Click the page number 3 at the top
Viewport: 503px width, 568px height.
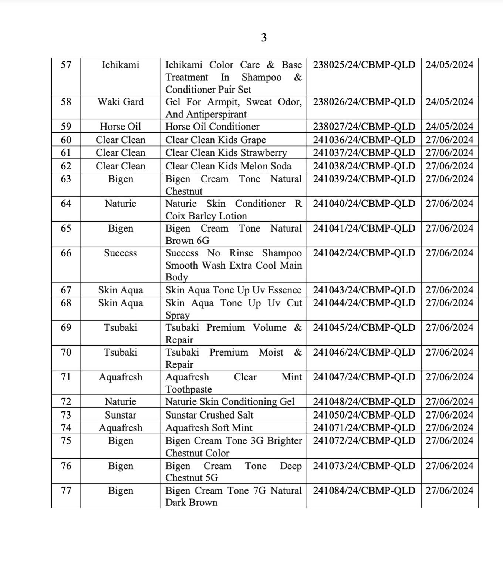pyautogui.click(x=264, y=38)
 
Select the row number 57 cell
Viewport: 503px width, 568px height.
pyautogui.click(x=66, y=65)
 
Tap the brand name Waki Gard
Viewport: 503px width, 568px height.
pyautogui.click(x=121, y=102)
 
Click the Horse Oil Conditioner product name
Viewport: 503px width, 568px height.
pyautogui.click(x=212, y=127)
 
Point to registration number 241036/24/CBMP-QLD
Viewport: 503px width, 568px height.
pyautogui.click(x=364, y=140)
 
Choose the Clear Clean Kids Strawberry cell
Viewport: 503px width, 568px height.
pyautogui.click(x=226, y=153)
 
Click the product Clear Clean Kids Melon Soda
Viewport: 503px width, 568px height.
pyautogui.click(x=228, y=166)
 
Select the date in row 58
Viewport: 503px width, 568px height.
pyautogui.click(x=449, y=102)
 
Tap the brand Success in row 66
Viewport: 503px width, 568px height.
pyautogui.click(x=121, y=253)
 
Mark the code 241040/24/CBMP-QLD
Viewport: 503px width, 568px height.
pyautogui.click(x=364, y=204)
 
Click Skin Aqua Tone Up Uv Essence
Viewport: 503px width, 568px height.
pyautogui.click(x=233, y=290)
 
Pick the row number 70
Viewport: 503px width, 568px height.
pyautogui.click(x=66, y=352)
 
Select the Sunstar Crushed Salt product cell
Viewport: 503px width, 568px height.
pyautogui.click(x=209, y=415)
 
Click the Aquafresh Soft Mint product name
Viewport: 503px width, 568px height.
pyautogui.click(x=209, y=428)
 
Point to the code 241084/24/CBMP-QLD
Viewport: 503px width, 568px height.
pyautogui.click(x=364, y=491)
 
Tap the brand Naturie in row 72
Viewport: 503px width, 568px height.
pyautogui.click(x=121, y=402)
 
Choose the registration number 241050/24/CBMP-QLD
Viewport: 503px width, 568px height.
pyautogui.click(x=364, y=415)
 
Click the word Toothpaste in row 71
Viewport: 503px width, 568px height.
pyautogui.click(x=189, y=389)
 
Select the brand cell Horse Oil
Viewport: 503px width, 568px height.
pyautogui.click(x=121, y=127)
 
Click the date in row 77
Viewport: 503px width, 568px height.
pyautogui.click(x=449, y=491)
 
